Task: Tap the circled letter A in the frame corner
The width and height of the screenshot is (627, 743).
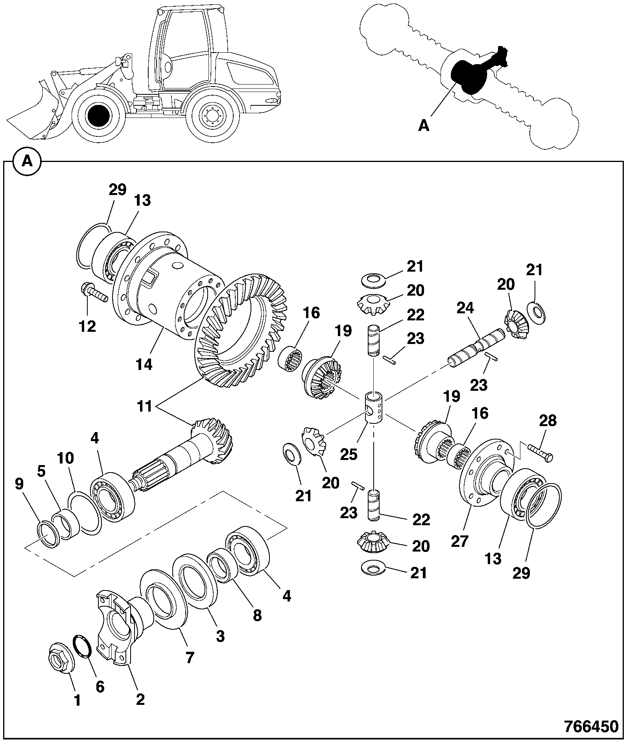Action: (27, 161)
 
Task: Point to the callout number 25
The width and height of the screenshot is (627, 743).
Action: (349, 454)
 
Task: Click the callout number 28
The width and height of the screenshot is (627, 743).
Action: (548, 421)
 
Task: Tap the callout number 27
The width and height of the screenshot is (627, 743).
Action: (459, 541)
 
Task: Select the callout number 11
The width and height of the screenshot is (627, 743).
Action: (145, 406)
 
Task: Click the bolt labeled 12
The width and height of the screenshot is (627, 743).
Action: (94, 292)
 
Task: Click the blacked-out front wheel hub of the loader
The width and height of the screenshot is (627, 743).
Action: (98, 116)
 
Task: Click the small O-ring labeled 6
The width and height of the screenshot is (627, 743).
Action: (83, 645)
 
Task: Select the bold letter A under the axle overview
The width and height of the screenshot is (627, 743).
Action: (423, 125)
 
